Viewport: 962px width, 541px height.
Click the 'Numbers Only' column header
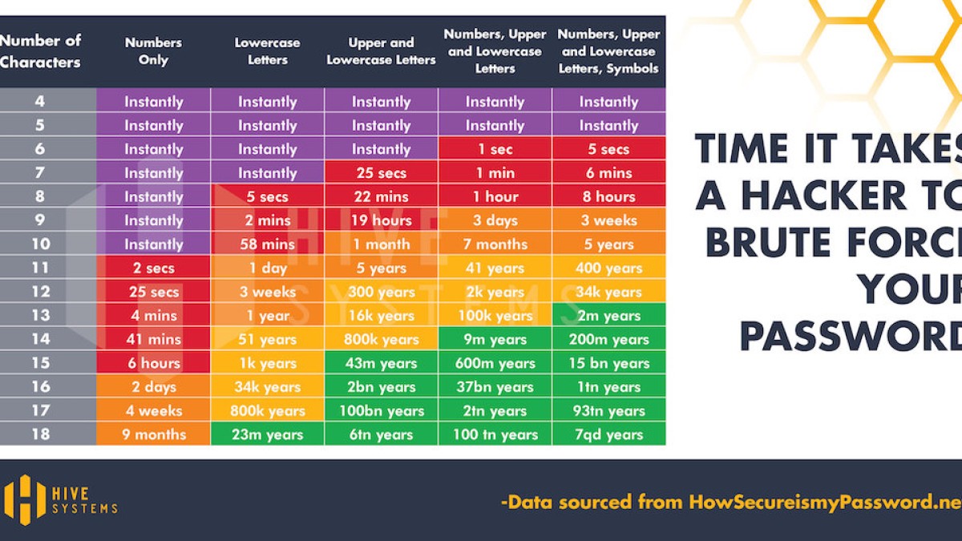pos(153,50)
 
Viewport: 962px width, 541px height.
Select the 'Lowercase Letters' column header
pos(267,50)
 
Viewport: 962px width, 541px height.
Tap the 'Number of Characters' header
pos(40,50)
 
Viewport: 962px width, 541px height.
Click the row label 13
pos(40,315)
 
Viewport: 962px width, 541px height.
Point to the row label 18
pos(40,434)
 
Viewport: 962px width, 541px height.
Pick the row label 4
pos(40,102)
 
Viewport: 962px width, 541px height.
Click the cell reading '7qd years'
pos(608,434)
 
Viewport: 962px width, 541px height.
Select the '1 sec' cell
pos(495,149)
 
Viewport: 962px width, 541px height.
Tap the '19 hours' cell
pos(381,220)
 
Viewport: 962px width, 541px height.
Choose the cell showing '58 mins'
pos(267,244)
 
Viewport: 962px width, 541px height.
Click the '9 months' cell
pos(153,434)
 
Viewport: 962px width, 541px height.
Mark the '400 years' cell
pos(608,268)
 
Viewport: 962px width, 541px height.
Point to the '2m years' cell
pos(608,315)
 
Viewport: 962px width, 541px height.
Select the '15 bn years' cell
pos(608,363)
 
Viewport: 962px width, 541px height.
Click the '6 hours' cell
pos(153,363)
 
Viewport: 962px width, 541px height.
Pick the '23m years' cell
pos(267,434)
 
